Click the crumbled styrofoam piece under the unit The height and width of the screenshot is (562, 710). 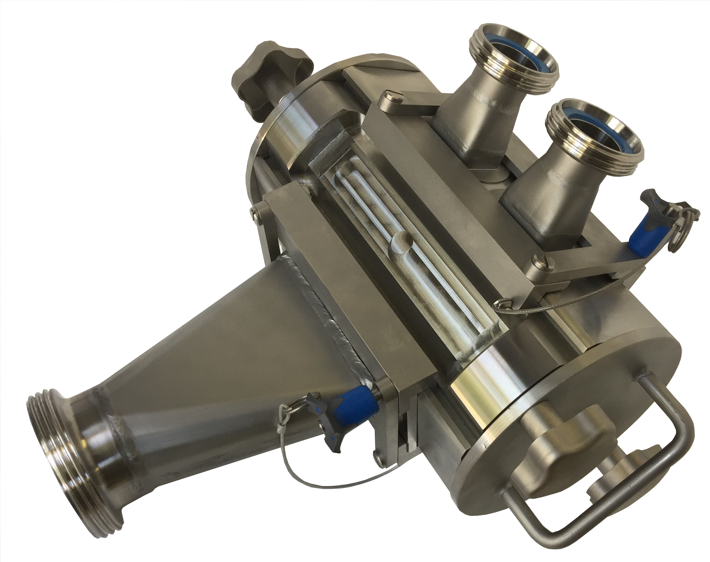click(437, 503)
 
